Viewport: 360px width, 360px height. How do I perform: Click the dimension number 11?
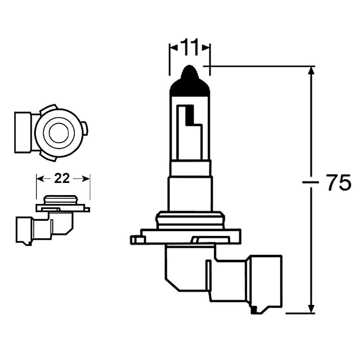click(189, 48)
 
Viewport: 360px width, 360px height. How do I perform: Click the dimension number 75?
click(338, 183)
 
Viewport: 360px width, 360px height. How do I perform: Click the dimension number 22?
click(62, 178)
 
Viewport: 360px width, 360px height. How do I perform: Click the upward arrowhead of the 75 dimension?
click(312, 72)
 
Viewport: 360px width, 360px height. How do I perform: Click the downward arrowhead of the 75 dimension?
click(312, 308)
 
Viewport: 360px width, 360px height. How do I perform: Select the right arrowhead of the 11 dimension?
click(206, 48)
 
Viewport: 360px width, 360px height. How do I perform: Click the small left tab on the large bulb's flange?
click(136, 239)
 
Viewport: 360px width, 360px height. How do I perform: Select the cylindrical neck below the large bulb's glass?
click(190, 194)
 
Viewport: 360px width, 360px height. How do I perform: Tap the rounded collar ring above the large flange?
click(190, 219)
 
